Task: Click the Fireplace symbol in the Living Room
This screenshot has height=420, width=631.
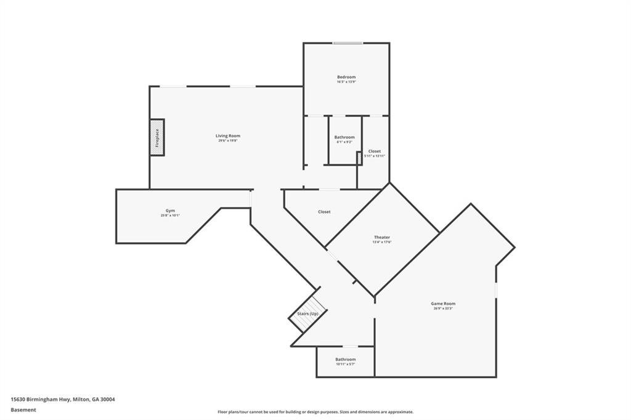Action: [x=157, y=137]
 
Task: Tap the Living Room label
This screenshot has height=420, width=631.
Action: [x=227, y=135]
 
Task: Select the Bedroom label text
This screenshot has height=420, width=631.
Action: [x=346, y=77]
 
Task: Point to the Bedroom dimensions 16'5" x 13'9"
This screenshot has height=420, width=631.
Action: [x=346, y=82]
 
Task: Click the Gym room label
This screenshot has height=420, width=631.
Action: [x=170, y=211]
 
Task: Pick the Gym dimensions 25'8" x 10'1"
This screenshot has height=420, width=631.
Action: [x=170, y=216]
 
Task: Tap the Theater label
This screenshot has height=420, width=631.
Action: [x=381, y=237]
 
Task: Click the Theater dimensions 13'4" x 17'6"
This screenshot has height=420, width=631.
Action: [x=381, y=242]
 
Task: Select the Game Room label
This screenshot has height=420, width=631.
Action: [x=443, y=303]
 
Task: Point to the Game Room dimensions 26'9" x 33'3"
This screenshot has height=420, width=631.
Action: [x=443, y=308]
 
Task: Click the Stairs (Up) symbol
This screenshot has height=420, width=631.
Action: [x=308, y=313]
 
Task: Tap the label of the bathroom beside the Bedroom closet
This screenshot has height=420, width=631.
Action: [x=344, y=137]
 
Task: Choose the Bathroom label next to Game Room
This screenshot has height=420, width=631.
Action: [x=345, y=359]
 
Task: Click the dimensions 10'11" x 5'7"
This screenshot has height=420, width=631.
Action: [x=345, y=364]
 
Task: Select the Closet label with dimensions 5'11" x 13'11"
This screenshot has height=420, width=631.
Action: [x=374, y=151]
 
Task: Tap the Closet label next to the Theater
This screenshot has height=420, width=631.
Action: [x=324, y=212]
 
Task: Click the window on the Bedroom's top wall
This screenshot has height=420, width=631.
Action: [x=348, y=43]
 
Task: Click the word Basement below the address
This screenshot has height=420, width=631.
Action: [x=23, y=410]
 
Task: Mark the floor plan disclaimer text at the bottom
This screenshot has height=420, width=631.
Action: [x=315, y=412]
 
